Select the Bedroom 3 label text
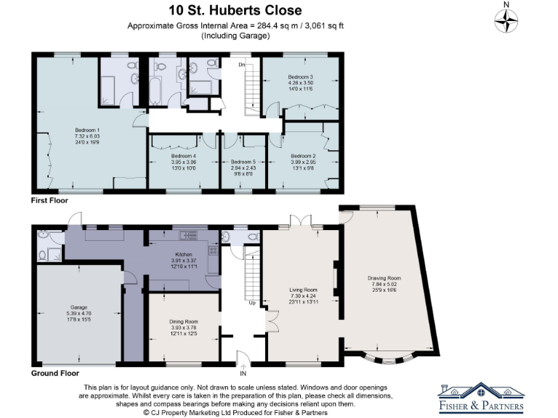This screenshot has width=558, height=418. pyautogui.click(x=299, y=77)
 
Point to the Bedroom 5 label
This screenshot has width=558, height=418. pyautogui.click(x=243, y=162)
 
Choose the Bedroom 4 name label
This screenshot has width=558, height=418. pyautogui.click(x=184, y=155)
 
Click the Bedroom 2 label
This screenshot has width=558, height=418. pyautogui.click(x=303, y=155)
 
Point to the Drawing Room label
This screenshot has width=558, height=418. pyautogui.click(x=384, y=279)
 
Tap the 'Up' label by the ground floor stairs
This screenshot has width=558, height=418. pyautogui.click(x=251, y=303)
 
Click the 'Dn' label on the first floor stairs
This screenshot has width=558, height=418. pyautogui.click(x=242, y=65)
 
